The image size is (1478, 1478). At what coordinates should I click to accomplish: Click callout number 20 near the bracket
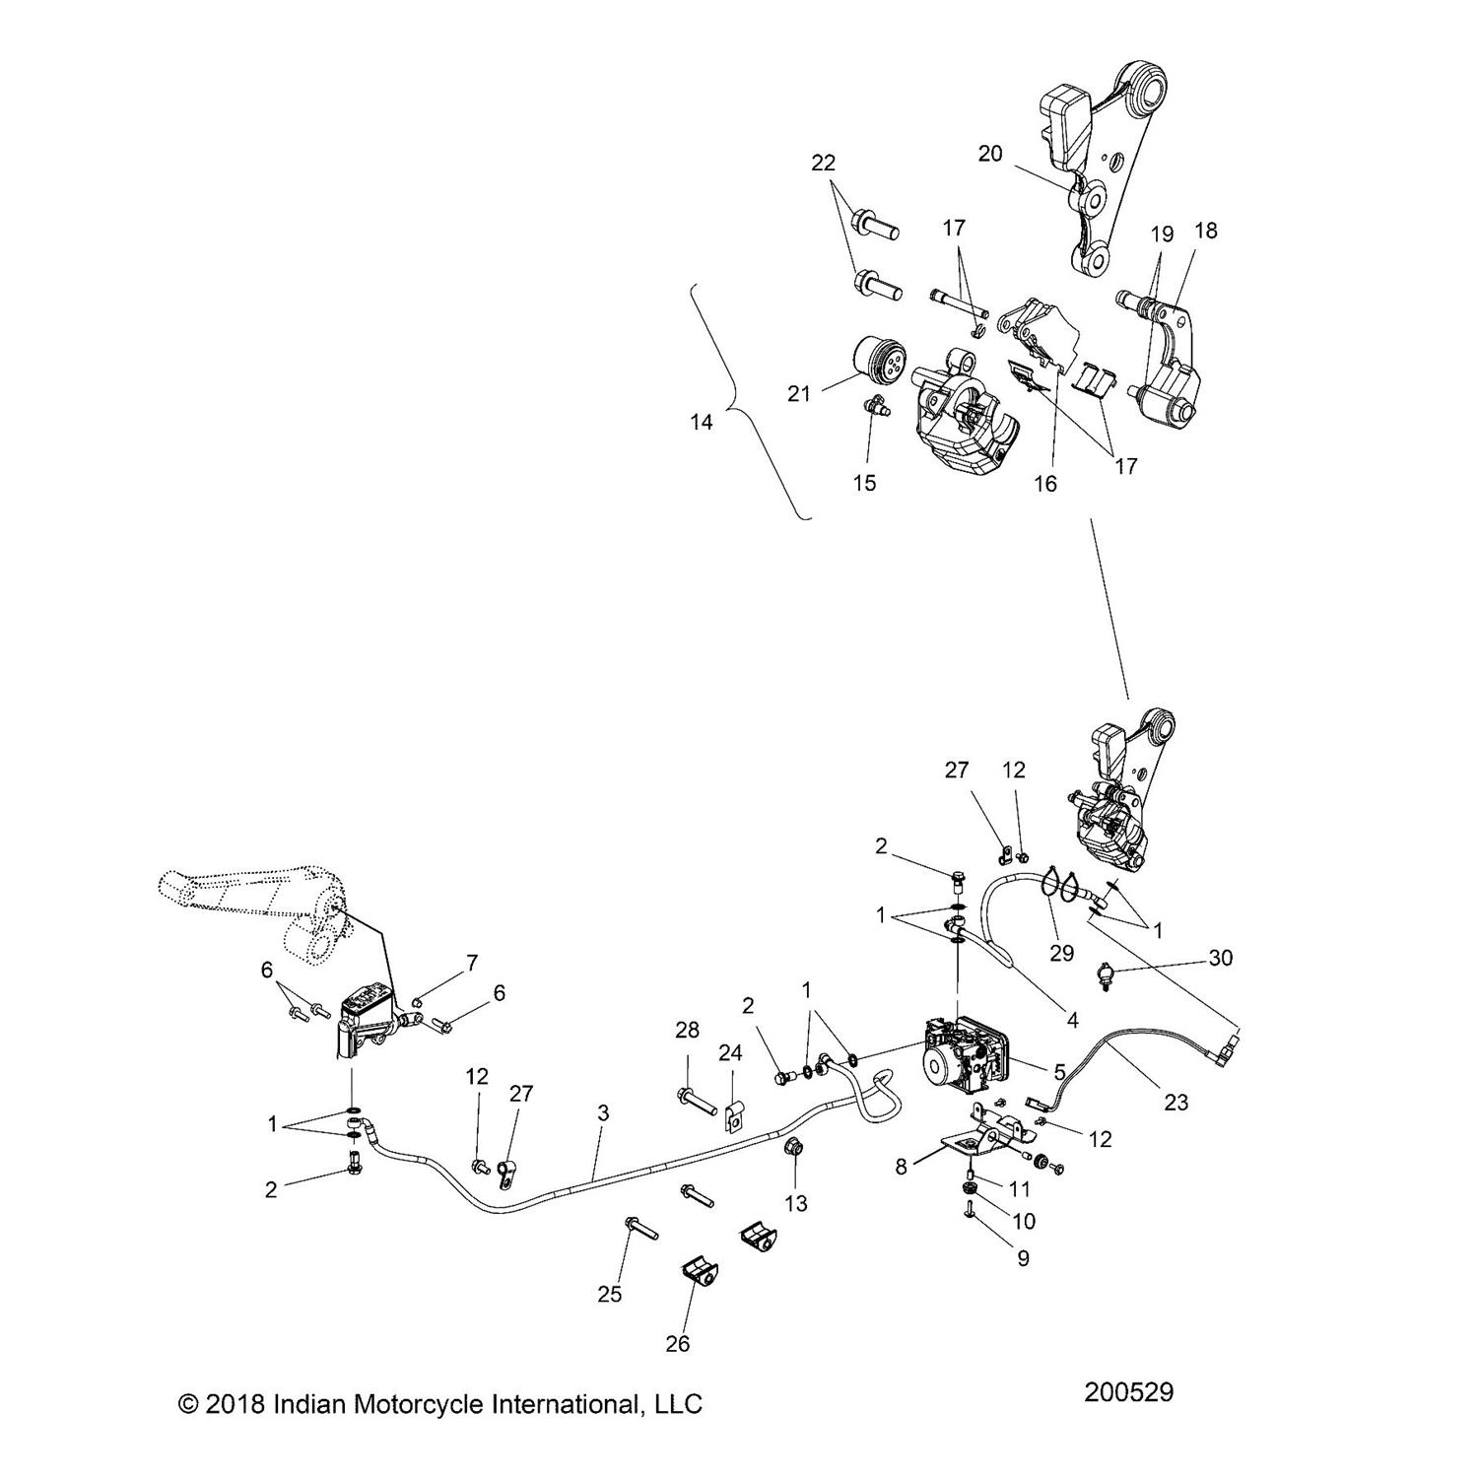coord(989,154)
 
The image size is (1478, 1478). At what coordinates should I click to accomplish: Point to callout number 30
coord(1220,958)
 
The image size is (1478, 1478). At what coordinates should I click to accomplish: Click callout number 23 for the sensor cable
coord(1176,1103)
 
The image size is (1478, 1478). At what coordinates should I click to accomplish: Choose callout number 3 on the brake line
coord(603,1113)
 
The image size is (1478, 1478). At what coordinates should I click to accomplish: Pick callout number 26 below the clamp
coord(678,1342)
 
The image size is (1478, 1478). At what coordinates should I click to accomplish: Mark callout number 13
coord(795,1203)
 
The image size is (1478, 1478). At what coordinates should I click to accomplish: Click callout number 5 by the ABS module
coord(1060,1071)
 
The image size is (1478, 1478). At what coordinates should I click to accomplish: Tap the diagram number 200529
coord(1128,1392)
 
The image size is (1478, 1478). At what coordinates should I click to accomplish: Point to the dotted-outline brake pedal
coord(256,907)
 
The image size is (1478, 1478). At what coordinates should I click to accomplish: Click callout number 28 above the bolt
coord(687,1031)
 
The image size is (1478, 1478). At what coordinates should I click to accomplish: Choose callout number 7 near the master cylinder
coord(472,962)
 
